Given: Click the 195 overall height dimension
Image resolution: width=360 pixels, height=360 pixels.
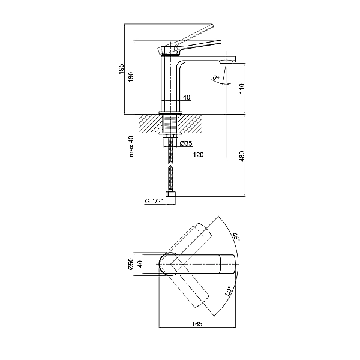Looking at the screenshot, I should (121, 68).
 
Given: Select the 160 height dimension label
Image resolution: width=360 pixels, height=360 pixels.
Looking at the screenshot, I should (130, 76).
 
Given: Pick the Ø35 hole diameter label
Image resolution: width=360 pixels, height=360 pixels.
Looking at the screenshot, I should (185, 143).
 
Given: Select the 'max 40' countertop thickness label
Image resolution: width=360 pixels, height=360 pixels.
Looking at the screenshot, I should (131, 146).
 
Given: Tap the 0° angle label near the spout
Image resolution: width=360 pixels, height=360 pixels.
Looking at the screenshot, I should (217, 78).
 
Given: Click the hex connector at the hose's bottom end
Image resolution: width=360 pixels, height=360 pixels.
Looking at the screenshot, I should (170, 194).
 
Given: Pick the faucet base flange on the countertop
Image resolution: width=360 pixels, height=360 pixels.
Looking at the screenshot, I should (170, 112).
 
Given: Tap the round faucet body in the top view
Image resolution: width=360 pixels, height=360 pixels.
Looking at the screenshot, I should (173, 264).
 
